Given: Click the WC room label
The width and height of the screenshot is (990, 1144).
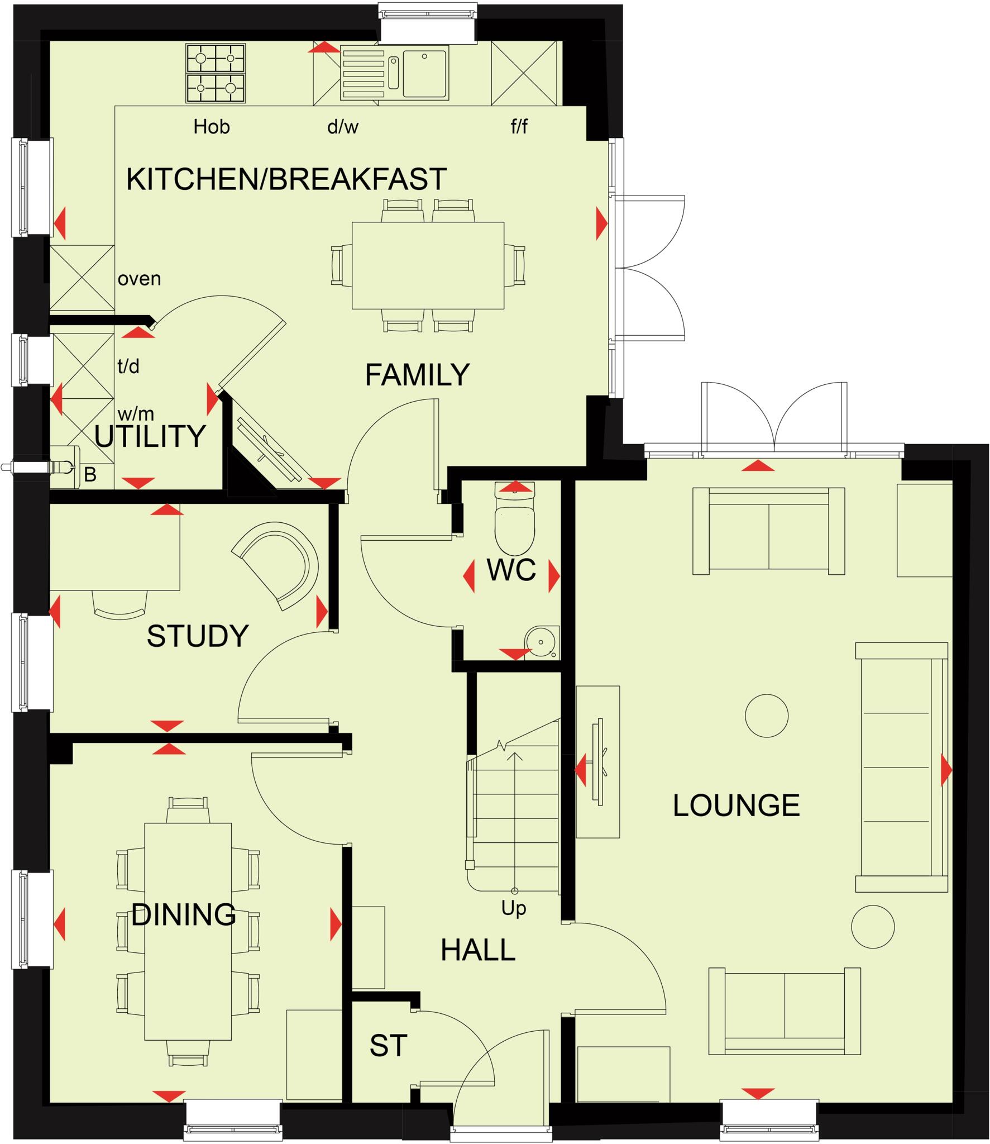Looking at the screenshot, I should pos(511,570).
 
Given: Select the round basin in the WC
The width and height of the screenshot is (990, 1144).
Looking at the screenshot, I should pos(540,642).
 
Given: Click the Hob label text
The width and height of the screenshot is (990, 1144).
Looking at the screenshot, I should pos(211,127).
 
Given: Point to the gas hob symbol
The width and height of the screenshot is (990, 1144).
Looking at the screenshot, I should pos(216,74).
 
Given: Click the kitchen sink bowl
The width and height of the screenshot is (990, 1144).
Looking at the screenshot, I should pos(424,73).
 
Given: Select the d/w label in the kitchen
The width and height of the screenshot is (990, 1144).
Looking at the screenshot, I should pos(342,127).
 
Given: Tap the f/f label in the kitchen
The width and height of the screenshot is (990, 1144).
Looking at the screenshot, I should pos(519,127).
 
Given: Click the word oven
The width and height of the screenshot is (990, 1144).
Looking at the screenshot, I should pos(139,278).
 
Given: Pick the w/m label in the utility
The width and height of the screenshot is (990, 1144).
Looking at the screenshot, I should pos(136,414).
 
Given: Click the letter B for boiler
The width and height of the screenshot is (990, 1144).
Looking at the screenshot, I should pos(90,475).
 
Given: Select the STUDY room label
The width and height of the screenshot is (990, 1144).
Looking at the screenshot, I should pos(197,636).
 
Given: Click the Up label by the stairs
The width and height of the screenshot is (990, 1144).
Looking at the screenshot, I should pos(513,909).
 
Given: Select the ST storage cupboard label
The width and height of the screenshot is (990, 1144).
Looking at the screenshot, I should pos(388,1046).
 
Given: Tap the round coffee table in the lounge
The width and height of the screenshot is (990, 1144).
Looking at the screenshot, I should pos(766,716).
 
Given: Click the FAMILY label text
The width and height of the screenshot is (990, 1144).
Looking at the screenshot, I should pos(417,375).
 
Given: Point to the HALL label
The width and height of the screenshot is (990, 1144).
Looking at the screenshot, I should pos(477,950).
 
